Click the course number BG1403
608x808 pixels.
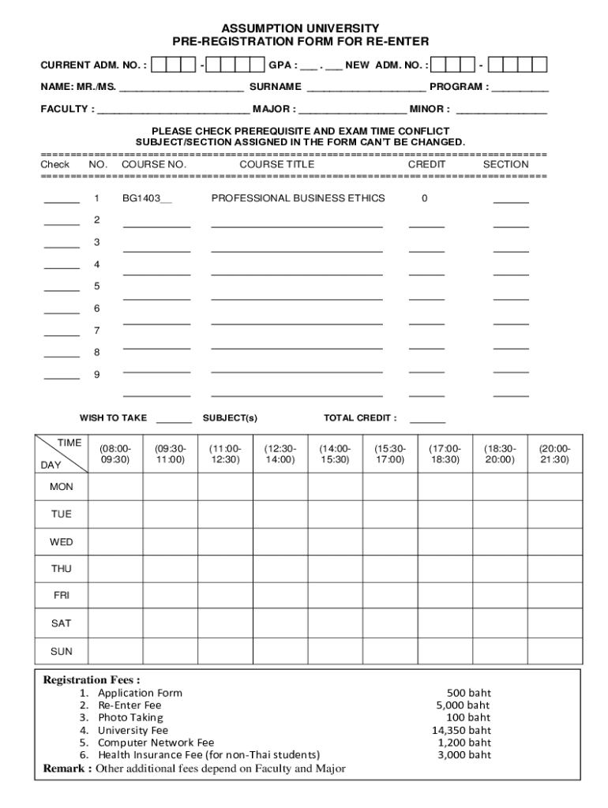pos(146,198)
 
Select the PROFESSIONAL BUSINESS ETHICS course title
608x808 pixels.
pos(298,198)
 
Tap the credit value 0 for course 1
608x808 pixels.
pos(424,198)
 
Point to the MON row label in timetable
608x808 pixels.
pos(61,487)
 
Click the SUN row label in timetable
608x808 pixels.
pos(61,652)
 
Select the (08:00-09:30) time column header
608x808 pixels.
pos(115,453)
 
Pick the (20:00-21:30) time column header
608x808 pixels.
pos(554,453)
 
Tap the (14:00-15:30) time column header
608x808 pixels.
pos(335,453)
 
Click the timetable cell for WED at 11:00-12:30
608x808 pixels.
pos(225,542)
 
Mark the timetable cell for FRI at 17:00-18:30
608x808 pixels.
pos(444,597)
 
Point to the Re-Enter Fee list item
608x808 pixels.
pos(129,705)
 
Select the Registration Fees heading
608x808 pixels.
pos(92,680)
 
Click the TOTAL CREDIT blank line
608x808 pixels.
pos(427,421)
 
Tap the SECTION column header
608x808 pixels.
pos(505,164)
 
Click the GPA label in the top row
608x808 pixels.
pos(282,65)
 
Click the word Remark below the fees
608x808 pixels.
pos(66,769)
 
